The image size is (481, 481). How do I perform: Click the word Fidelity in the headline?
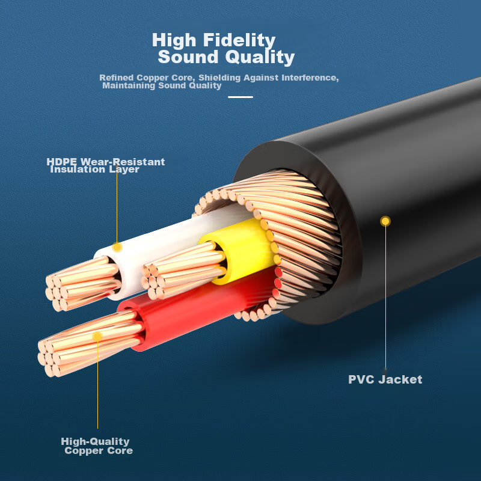click(239, 40)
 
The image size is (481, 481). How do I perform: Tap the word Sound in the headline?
click(188, 58)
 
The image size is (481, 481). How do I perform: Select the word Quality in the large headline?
click(260, 58)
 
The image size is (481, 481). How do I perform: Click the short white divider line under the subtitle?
click(240, 97)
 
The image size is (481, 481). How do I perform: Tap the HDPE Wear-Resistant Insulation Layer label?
click(105, 165)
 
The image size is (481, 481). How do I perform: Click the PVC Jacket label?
click(385, 379)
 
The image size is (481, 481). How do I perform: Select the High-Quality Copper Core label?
click(96, 446)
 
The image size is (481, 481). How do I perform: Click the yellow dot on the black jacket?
click(385, 221)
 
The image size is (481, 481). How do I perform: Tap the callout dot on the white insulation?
click(117, 247)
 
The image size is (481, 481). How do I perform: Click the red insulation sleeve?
click(198, 307)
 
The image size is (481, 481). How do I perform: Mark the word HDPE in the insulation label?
click(63, 162)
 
